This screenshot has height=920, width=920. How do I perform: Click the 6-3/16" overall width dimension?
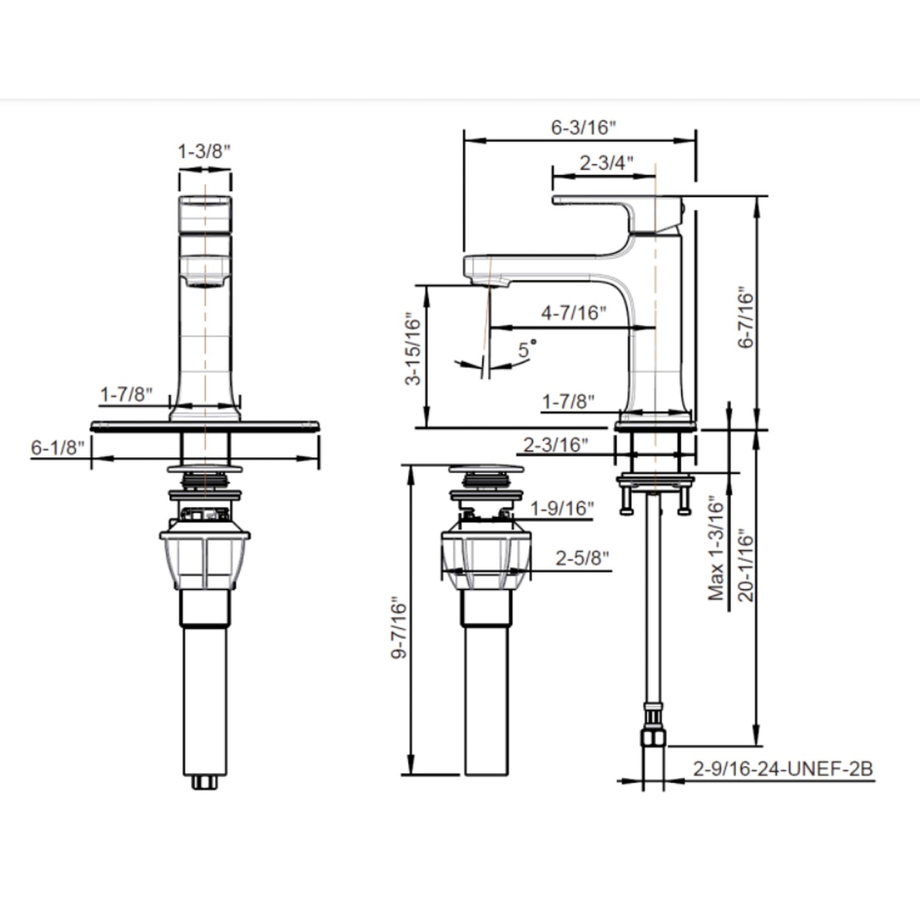(583, 127)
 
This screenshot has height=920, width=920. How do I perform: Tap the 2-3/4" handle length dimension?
(606, 163)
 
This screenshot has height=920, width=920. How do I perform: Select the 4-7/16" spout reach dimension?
(574, 313)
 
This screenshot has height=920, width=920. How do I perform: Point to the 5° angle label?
(527, 348)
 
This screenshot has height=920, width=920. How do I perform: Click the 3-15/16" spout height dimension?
(413, 349)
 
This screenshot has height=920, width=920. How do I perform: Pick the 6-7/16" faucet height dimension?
(746, 317)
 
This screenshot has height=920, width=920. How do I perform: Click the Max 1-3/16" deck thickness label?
(716, 549)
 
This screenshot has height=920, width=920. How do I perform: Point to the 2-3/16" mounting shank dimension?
(556, 445)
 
